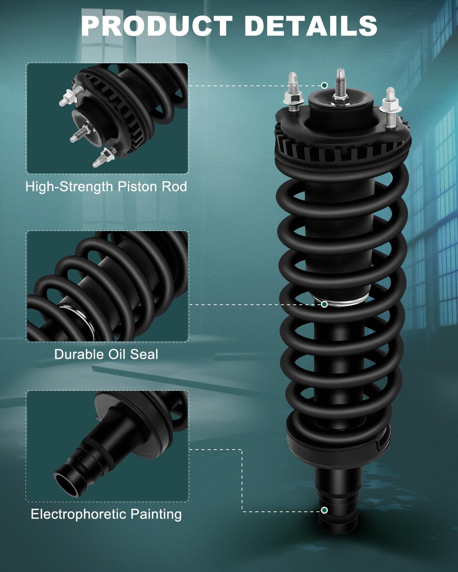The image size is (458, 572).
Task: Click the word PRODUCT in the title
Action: coord(156,26)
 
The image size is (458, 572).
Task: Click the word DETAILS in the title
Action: coord(311,26)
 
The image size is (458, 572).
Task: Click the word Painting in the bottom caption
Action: coord(156,514)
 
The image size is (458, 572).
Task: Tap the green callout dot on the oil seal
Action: coord(324,304)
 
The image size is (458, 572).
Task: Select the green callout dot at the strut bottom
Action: coord(324,510)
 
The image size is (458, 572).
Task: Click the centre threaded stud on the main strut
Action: coord(340,84)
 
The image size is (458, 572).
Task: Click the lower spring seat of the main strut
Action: coord(338,442)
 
